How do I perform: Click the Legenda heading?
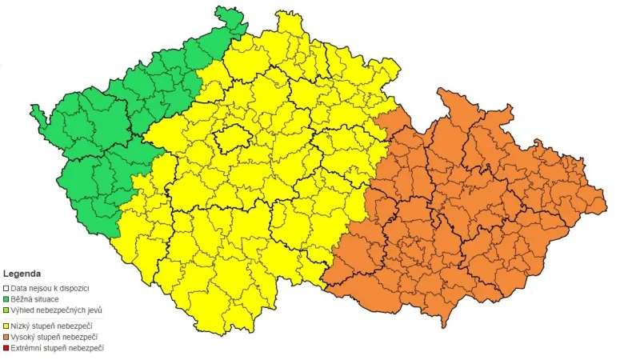click(x=22, y=274)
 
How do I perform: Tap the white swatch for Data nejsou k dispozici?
click(x=6, y=287)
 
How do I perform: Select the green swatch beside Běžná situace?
click(x=6, y=298)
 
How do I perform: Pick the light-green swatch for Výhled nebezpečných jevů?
click(x=6, y=310)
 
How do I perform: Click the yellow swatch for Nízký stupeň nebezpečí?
click(x=6, y=326)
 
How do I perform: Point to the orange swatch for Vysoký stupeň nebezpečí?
click(x=6, y=337)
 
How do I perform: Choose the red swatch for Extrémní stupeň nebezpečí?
click(x=6, y=348)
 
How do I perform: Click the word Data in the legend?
click(x=19, y=287)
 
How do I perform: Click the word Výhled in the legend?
click(x=22, y=310)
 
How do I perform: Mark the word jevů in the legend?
click(x=94, y=310)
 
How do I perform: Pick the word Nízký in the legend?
click(x=21, y=326)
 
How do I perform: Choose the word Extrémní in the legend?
click(x=26, y=348)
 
